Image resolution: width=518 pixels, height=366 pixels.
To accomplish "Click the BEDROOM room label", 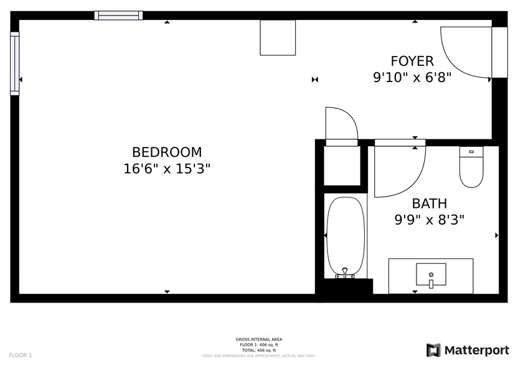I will pyautogui.click(x=167, y=152).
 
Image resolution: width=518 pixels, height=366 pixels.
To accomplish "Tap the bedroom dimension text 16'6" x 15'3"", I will pyautogui.click(x=167, y=169).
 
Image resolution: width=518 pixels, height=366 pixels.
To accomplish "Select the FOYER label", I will pyautogui.click(x=412, y=61).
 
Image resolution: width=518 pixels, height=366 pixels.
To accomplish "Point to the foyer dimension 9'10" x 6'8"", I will pyautogui.click(x=412, y=77).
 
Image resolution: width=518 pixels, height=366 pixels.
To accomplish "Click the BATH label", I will pyautogui.click(x=429, y=204).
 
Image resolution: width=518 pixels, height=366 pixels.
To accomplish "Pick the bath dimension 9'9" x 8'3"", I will pyautogui.click(x=429, y=220).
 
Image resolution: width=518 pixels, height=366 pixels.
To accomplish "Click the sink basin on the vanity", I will pyautogui.click(x=431, y=274).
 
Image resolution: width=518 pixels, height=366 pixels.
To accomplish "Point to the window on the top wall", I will pyautogui.click(x=118, y=16).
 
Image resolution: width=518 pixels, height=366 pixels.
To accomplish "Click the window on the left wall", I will pyautogui.click(x=14, y=63).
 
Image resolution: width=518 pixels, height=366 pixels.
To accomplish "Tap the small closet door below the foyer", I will pyautogui.click(x=341, y=124).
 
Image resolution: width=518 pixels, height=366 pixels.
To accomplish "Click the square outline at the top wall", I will pyautogui.click(x=278, y=37).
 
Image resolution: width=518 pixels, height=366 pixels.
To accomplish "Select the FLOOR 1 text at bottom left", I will pyautogui.click(x=21, y=355).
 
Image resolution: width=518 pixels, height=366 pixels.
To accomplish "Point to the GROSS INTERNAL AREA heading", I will pyautogui.click(x=258, y=339).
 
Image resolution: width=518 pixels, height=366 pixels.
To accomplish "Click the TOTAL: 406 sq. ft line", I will pyautogui.click(x=258, y=350).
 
